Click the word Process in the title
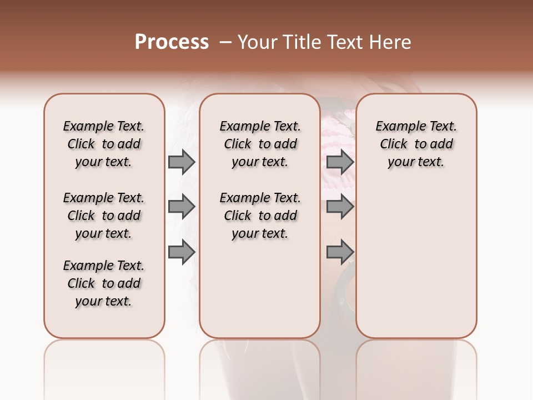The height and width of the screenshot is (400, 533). pyautogui.click(x=172, y=42)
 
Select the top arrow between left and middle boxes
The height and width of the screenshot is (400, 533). pyautogui.click(x=182, y=162)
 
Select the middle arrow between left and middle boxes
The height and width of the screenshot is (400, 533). pyautogui.click(x=182, y=207)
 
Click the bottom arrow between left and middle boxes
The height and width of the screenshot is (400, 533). pyautogui.click(x=182, y=252)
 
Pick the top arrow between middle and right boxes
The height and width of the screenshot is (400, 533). pyautogui.click(x=340, y=162)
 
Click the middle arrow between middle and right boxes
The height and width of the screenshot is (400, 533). pyautogui.click(x=340, y=207)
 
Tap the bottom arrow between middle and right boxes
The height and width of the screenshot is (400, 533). pyautogui.click(x=340, y=252)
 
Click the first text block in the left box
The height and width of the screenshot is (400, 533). pyautogui.click(x=104, y=144)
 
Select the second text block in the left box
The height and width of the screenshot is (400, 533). pyautogui.click(x=104, y=216)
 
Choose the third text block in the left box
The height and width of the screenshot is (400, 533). pyautogui.click(x=104, y=283)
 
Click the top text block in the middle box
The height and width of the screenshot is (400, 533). pyautogui.click(x=260, y=144)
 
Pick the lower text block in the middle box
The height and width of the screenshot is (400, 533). pyautogui.click(x=260, y=216)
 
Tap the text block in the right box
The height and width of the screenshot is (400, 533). pyautogui.click(x=416, y=144)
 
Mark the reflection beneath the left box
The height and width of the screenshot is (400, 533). pyautogui.click(x=104, y=361)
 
